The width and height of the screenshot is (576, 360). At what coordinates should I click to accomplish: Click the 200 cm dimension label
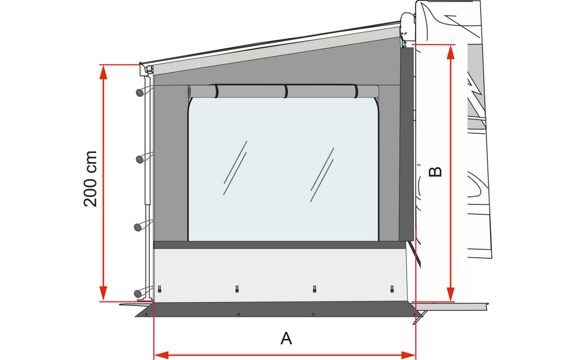point(91,179)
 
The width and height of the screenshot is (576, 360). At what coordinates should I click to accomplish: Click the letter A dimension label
point(286,338)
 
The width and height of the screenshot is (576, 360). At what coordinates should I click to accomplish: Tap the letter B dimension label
point(435,172)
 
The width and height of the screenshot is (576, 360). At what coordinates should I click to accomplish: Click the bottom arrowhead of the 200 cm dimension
point(103,293)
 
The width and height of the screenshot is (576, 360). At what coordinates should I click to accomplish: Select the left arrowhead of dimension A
point(161,355)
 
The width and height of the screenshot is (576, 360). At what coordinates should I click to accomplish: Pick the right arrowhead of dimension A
point(408,355)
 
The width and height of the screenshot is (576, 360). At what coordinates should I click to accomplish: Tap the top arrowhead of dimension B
point(451,52)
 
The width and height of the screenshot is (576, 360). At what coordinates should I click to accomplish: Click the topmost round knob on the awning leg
point(139,93)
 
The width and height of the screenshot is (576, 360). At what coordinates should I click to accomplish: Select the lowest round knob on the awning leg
point(138,294)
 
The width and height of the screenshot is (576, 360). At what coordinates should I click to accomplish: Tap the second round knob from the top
point(139,159)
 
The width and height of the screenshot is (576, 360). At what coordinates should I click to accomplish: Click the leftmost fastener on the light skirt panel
point(159,289)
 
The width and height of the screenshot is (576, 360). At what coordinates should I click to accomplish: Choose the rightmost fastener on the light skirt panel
point(392,289)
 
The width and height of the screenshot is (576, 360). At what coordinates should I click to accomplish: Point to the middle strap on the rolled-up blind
point(286,92)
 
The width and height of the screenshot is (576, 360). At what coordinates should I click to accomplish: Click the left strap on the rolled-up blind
point(217,92)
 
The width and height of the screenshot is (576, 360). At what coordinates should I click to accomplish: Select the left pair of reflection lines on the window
point(235,168)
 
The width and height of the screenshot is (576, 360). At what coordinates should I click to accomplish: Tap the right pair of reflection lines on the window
point(322,175)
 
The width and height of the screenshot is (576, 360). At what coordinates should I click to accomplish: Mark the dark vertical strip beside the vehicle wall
point(407,144)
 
